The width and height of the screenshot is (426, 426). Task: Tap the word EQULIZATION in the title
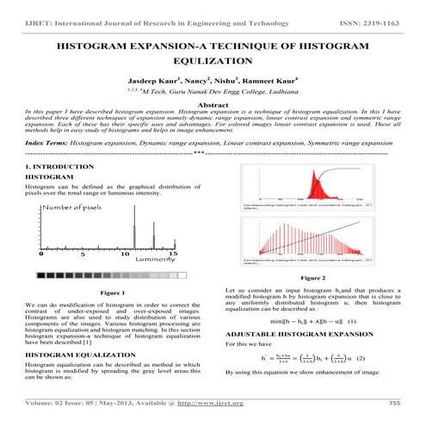coord(212,62)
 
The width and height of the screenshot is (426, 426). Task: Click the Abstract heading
coord(212,104)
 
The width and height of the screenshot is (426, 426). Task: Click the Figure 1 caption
coord(112,294)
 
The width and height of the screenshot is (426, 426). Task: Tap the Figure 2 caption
coord(312,278)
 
